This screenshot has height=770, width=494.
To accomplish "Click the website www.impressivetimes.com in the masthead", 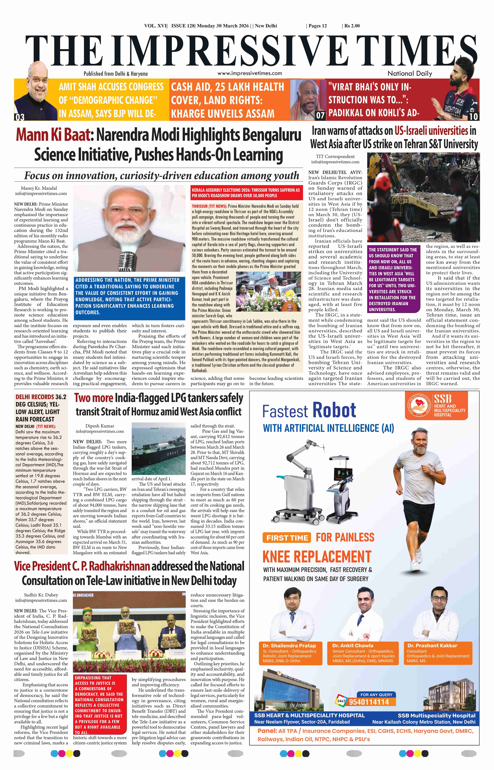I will pyautogui.click(x=250, y=73).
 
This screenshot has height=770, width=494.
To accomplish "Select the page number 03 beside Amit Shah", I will pyautogui.click(x=20, y=117).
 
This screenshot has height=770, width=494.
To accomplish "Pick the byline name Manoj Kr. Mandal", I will pyautogui.click(x=39, y=188).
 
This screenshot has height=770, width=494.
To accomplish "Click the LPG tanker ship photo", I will pyautogui.click(x=158, y=449).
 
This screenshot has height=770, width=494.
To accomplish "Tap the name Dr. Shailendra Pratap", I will pyautogui.click(x=289, y=645).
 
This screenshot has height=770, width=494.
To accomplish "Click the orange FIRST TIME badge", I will pyautogui.click(x=287, y=538).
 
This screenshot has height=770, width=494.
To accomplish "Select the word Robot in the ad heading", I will pyautogui.click(x=334, y=410).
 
